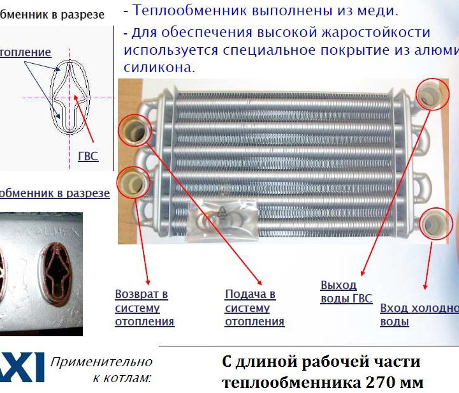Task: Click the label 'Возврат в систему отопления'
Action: (144, 308)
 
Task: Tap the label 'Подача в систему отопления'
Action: (254, 308)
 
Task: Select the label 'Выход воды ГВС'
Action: (346, 292)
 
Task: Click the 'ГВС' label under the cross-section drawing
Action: (87, 156)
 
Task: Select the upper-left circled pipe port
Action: (135, 131)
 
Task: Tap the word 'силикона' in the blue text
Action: (160, 66)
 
